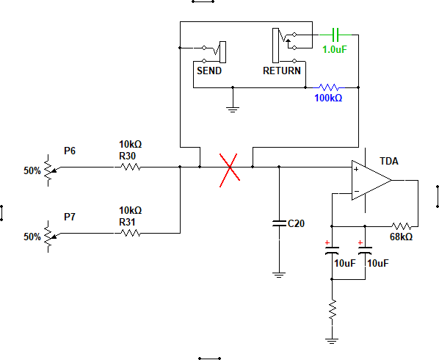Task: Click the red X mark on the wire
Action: pos(230,170)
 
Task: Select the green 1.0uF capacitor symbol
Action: pos(335,35)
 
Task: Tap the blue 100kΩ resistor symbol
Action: pos(329,87)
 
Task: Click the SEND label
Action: pos(209,71)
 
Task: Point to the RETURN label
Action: pos(282,71)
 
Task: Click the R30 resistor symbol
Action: pos(131,168)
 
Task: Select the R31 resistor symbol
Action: pos(131,233)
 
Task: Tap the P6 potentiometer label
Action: pos(70,151)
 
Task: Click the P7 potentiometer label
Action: pos(70,217)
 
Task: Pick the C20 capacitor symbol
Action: pos(279,223)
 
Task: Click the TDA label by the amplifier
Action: pos(389,161)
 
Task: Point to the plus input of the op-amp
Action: pos(356,169)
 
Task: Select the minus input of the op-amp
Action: pos(357,191)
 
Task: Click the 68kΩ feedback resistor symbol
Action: pos(402,226)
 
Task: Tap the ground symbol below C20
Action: pos(279,275)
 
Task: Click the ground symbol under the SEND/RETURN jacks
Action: pos(233,109)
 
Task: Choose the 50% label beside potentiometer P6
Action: pos(32,170)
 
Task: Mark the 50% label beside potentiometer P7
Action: pos(32,237)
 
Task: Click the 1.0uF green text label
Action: pos(335,49)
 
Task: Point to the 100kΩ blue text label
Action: pos(328,98)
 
